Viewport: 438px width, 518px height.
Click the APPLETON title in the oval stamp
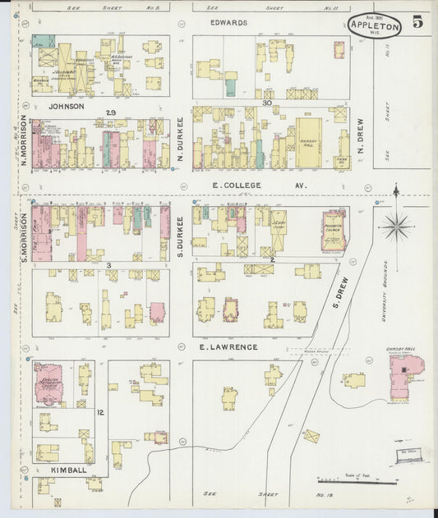coord(374,25)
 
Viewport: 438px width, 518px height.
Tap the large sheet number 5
coord(417,23)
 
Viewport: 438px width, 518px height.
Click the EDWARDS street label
coord(228,23)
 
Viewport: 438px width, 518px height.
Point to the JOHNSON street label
coord(66,106)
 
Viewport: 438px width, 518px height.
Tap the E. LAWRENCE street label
coord(228,347)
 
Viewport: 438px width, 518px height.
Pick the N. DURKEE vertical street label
coord(178,137)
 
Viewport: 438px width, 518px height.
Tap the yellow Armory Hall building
coord(308,142)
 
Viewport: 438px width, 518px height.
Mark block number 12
coord(99,412)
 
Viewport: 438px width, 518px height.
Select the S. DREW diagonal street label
coord(341,292)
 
